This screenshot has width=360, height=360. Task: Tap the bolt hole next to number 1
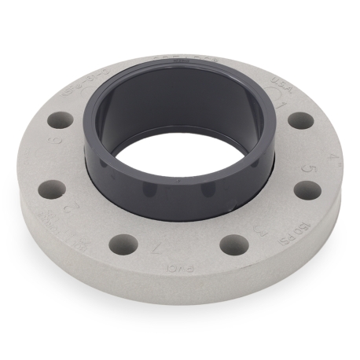coord(300,120)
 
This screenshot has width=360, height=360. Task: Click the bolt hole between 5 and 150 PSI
coord(307,191)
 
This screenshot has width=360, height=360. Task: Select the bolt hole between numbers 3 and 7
coord(234,245)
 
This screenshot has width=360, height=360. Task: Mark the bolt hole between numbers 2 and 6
coord(52,189)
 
